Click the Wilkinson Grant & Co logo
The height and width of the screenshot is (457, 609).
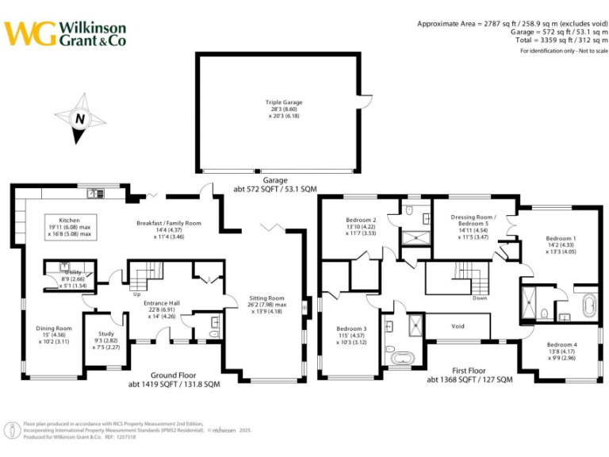[x=65, y=33]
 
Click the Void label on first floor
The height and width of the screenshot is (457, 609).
[x=458, y=325]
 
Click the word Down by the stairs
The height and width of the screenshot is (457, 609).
[x=480, y=298]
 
